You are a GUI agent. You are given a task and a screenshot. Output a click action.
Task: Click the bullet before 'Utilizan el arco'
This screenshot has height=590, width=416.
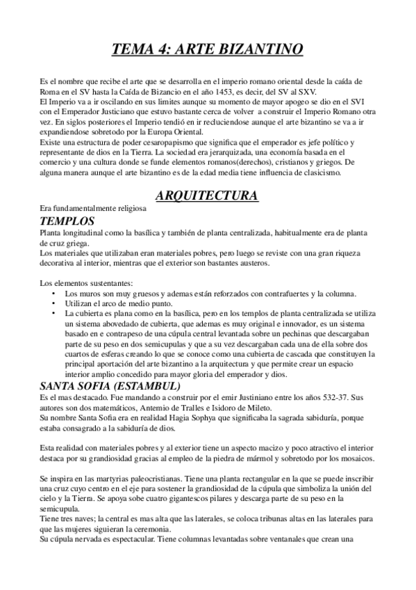(54, 305)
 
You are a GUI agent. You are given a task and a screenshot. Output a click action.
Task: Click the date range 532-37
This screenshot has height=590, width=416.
(333, 397)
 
